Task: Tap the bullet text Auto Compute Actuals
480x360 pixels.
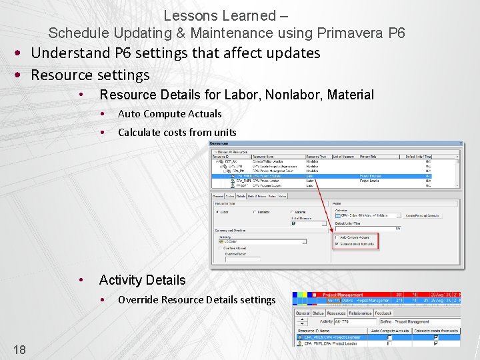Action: coord(169,114)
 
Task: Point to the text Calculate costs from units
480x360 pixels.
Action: coord(177,133)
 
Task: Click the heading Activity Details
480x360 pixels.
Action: coord(142,280)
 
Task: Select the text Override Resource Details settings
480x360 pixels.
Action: coord(197,300)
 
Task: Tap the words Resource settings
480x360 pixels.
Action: coord(90,75)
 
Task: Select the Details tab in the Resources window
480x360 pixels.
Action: coord(240,196)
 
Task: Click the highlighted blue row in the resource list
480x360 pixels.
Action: coord(333,176)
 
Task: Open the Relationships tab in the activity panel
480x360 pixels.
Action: coord(360,313)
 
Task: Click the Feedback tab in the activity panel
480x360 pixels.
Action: coord(384,313)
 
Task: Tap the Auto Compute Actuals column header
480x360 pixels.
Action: coord(391,330)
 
